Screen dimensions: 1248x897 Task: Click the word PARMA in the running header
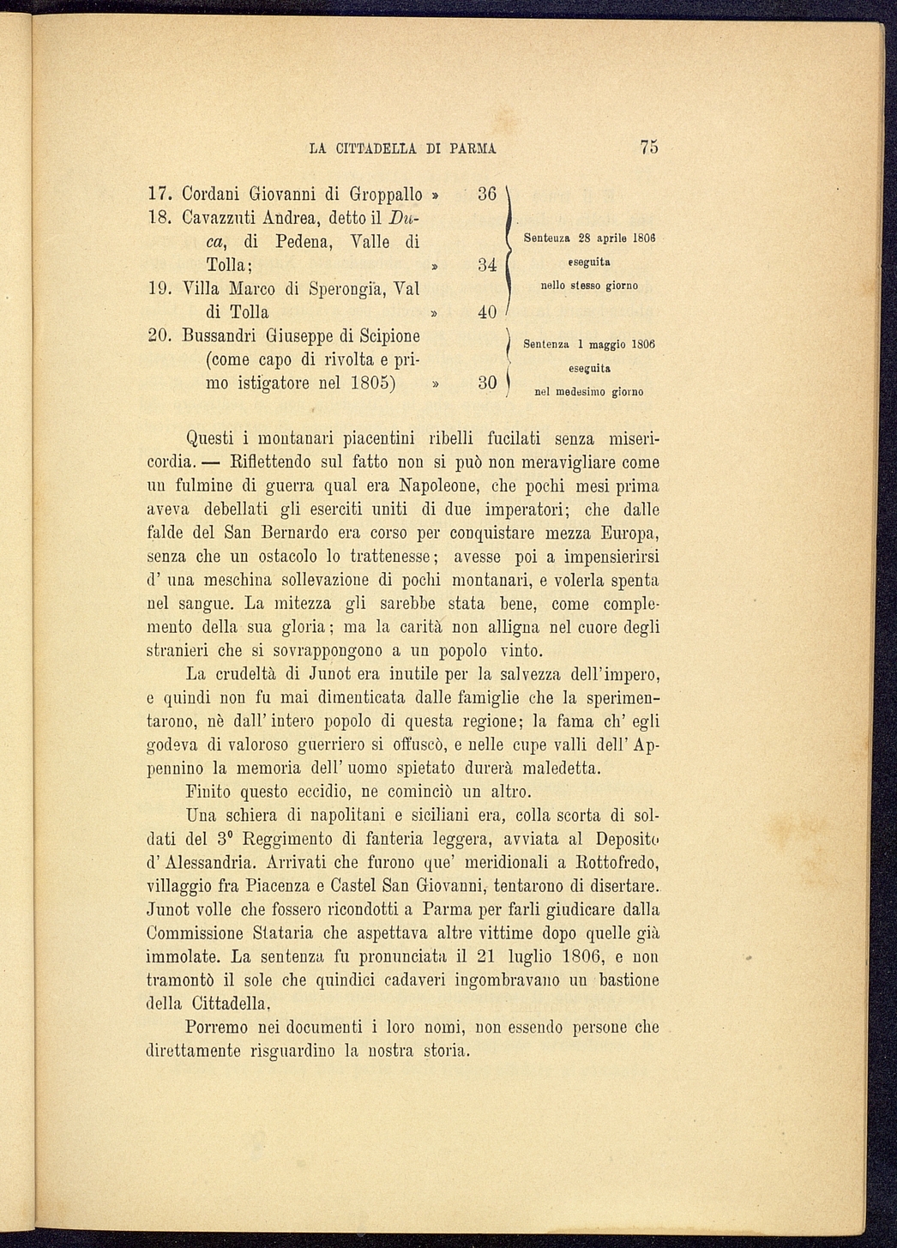(x=473, y=148)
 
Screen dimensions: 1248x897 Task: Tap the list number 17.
(x=161, y=195)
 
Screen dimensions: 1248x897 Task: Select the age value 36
(x=486, y=195)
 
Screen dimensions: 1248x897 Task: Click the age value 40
(x=486, y=312)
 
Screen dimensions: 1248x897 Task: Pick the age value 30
(x=486, y=383)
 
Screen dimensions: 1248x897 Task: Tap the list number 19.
(x=161, y=289)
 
